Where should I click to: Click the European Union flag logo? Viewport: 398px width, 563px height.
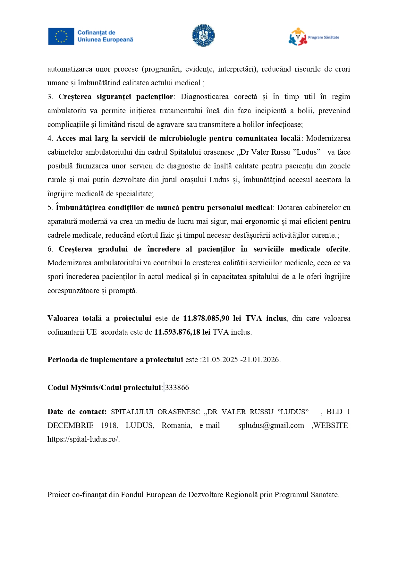tap(61, 36)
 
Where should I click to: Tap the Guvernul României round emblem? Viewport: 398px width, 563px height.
tap(203, 36)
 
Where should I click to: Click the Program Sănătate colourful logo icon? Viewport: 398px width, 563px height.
tap(298, 37)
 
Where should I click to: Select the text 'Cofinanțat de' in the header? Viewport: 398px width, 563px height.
tap(96, 33)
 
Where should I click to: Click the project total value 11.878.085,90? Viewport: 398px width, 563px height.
tap(206, 318)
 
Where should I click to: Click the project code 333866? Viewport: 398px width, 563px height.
tap(177, 388)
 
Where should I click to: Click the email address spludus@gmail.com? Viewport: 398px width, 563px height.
tap(271, 425)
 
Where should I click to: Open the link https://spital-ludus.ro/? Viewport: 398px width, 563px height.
tap(83, 439)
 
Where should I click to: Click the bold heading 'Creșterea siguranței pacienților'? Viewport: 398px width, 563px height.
tap(116, 97)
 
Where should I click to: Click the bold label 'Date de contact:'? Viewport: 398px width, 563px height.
tap(77, 412)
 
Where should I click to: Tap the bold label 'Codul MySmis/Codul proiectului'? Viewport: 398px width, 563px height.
tap(104, 388)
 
